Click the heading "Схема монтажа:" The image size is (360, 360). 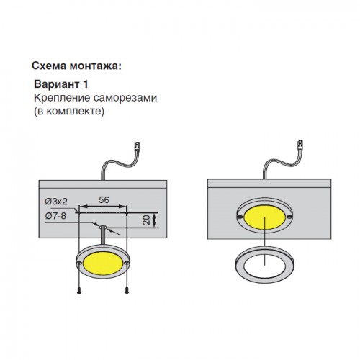pos(76,66)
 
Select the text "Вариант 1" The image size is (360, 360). pos(61,84)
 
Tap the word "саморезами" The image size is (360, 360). pos(125,98)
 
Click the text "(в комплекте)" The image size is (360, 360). pos(69,112)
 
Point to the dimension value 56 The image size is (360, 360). pos(104,200)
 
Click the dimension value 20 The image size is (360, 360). pos(146,220)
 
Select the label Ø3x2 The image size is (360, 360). pos(56,202)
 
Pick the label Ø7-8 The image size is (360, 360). pos(55,216)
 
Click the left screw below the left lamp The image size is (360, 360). pos(79,290)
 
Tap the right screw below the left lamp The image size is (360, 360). pos(127,290)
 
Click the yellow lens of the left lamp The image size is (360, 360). pos(103,264)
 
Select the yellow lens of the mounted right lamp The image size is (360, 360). pos(264,217)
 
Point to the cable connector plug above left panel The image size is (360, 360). pos(137,146)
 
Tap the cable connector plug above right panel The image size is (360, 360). pos(300,145)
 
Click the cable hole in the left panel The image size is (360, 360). pos(103,227)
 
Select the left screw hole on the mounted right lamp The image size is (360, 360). pos(240,217)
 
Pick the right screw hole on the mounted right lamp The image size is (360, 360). pos(289,217)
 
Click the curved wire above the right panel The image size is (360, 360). pos(281,162)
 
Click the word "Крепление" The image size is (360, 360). pos(62,98)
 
